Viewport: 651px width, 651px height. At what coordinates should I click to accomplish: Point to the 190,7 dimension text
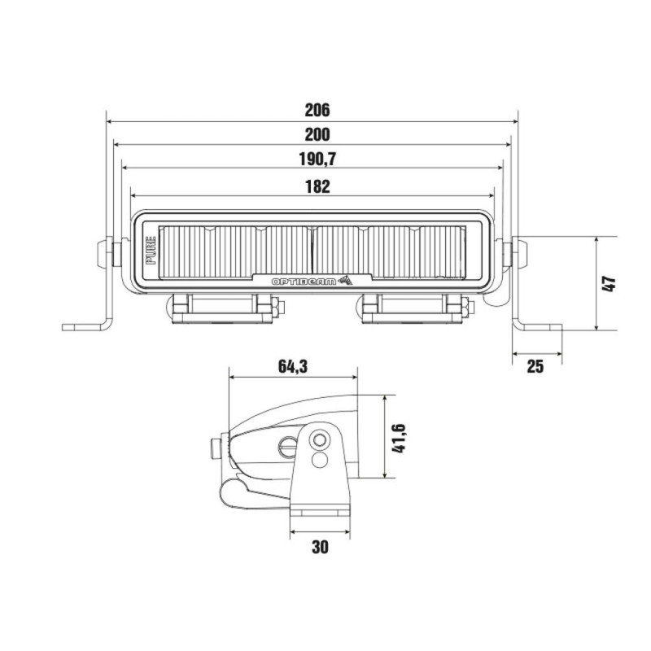click(317, 159)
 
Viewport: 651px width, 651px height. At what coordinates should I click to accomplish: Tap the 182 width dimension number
click(317, 186)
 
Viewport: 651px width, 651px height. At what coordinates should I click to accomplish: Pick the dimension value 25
click(535, 366)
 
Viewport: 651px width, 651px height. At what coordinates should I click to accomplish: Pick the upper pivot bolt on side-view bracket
click(320, 440)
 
